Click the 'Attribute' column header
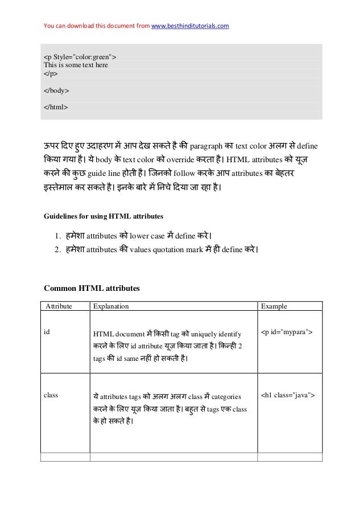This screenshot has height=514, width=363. tap(59, 306)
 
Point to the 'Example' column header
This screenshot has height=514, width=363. tap(274, 306)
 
